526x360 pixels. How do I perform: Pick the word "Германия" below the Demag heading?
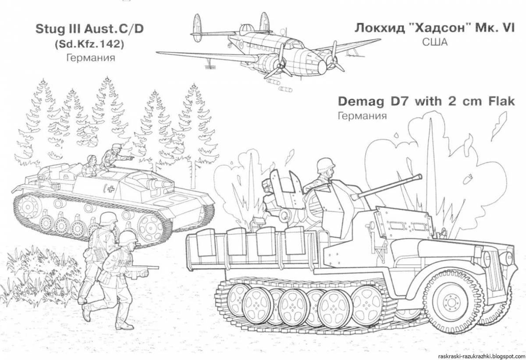[362, 116]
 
